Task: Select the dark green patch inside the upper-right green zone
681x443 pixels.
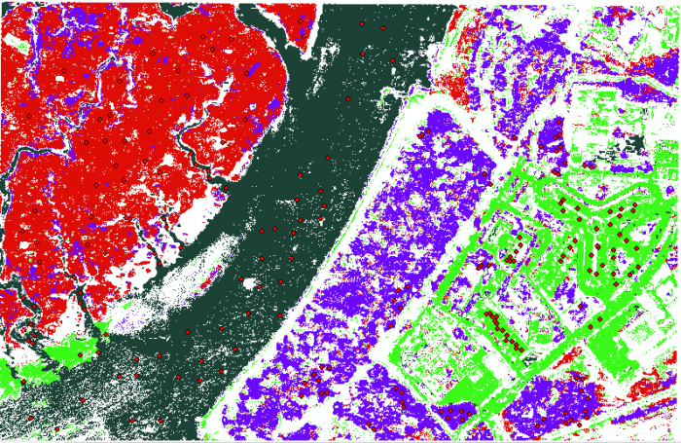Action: (634, 145)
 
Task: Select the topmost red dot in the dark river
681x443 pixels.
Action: (361, 22)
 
